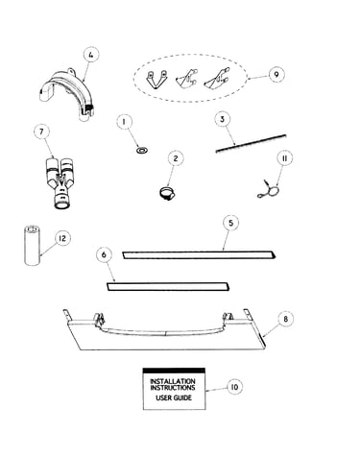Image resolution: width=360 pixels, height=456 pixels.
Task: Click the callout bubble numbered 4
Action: click(91, 55)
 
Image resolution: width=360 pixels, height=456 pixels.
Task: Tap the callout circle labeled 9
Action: click(276, 74)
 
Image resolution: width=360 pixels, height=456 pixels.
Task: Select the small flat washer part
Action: click(141, 150)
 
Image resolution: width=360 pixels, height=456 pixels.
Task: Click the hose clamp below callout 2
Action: click(167, 193)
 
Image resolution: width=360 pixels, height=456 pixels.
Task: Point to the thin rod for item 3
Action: click(251, 143)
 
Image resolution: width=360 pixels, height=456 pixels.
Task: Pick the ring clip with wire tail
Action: click(270, 190)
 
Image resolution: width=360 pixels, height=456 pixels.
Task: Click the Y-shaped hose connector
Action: click(60, 183)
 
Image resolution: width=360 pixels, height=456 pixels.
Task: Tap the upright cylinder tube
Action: click(32, 245)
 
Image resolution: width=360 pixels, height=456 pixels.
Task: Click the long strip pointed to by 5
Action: click(199, 254)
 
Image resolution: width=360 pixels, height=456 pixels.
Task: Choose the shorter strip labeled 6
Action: click(168, 286)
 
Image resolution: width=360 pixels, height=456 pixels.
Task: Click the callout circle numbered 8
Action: click(285, 319)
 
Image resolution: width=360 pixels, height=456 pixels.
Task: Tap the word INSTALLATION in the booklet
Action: click(173, 381)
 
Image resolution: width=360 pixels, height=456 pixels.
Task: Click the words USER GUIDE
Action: click(174, 398)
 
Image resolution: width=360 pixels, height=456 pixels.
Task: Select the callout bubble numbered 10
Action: click(234, 387)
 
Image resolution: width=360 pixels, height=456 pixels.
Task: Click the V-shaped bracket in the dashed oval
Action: click(156, 80)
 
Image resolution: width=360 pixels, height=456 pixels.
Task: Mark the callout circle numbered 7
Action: click(42, 132)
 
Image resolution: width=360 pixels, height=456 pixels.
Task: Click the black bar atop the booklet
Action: click(174, 371)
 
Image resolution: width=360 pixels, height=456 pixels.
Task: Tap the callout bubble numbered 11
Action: click(284, 158)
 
